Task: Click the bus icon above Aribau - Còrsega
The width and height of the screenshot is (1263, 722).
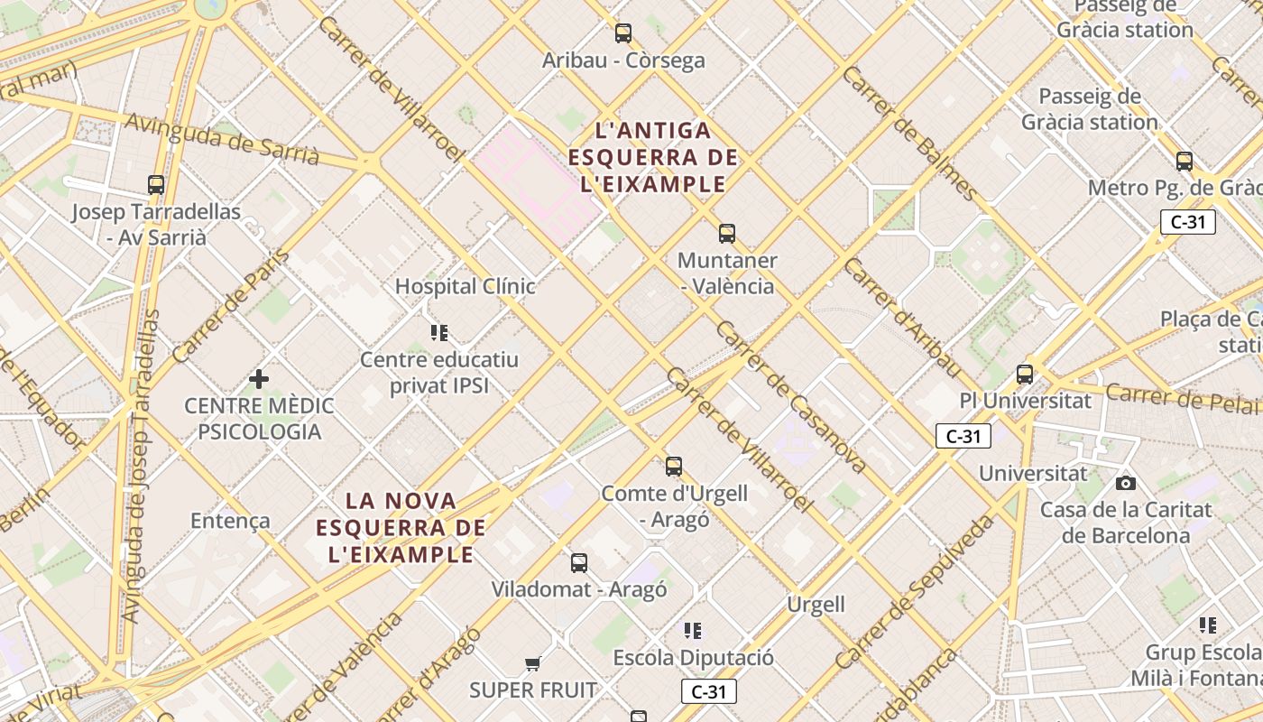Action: coord(623,33)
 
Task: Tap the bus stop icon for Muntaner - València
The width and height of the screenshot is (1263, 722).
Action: coord(727,234)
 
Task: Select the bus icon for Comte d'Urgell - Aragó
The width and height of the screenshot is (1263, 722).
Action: coord(674,467)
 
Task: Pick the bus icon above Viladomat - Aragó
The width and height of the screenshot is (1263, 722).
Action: coord(579,563)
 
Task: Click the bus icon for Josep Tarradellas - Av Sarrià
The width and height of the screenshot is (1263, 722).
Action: coord(156,185)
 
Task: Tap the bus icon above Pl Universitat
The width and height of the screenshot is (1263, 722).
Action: coord(1025,374)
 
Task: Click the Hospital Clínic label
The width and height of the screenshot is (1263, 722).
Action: coord(466,287)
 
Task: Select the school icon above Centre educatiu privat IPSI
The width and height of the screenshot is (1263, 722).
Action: coord(439,333)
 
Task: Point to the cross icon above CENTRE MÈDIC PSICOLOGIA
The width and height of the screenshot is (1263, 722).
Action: coord(259,379)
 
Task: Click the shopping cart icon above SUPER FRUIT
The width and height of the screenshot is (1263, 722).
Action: coord(533,664)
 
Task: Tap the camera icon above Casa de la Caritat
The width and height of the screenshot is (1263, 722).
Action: coord(1126,483)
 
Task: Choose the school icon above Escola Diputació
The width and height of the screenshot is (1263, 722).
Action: coord(693,631)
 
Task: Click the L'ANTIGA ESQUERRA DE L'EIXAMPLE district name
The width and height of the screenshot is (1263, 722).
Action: coord(653,158)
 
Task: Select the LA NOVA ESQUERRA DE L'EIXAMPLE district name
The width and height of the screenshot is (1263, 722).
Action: coord(401,527)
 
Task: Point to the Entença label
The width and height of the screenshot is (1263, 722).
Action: coord(230,521)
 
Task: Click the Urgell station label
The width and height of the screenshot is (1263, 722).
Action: coord(816,605)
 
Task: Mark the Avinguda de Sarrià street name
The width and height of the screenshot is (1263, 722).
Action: coord(222,139)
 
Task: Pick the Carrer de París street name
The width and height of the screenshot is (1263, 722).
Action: coord(232,307)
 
